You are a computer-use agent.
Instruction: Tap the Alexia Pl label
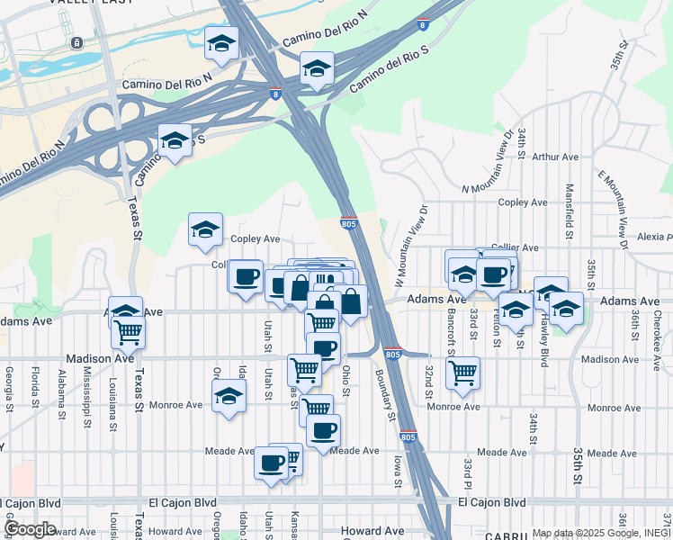654,237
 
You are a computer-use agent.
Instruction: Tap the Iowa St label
397,471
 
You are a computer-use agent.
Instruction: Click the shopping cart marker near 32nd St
462,371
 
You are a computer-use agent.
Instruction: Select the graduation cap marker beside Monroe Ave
229,396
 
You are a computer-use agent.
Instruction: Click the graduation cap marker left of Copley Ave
206,230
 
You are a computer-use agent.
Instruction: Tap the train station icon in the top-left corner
77,42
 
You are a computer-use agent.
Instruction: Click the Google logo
30,529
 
